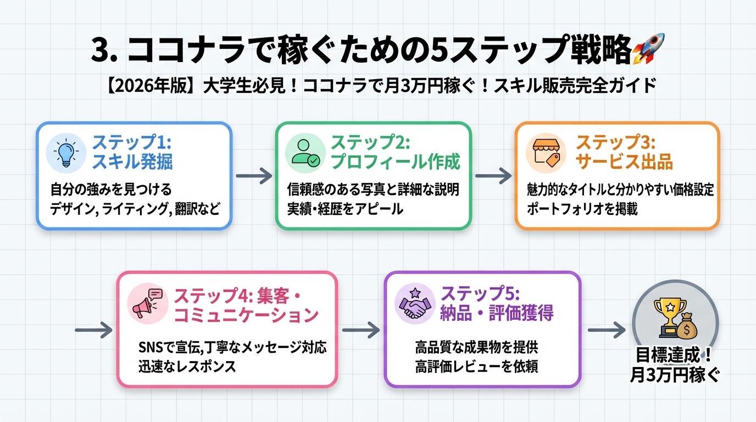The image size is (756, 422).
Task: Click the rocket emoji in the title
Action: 648,49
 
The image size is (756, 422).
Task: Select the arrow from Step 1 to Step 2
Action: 254,176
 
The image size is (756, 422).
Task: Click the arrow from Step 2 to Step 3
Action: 493,176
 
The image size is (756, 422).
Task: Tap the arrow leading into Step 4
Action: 93,330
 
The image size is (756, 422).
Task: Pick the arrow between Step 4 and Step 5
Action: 360,330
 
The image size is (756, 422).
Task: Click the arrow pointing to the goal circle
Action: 607,330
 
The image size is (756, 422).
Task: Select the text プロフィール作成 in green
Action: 395,162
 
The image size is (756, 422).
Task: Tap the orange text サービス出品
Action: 624,162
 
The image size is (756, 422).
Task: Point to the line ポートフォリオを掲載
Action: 582,209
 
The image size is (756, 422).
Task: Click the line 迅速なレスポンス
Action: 187,367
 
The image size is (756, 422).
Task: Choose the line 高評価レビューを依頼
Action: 476,367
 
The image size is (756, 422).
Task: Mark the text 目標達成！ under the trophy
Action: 674,354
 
